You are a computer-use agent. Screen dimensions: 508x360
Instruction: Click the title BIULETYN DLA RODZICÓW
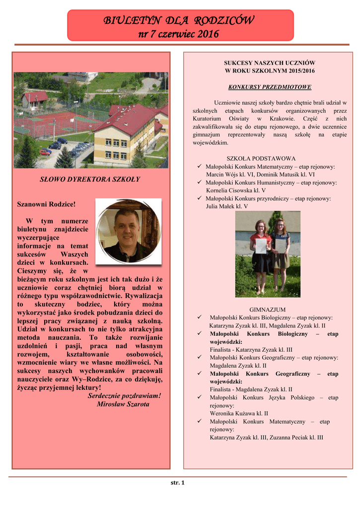tap(179, 20)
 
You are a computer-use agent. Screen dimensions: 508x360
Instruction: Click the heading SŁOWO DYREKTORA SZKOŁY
tap(90, 179)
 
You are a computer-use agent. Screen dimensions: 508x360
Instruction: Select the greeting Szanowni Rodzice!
tap(46, 204)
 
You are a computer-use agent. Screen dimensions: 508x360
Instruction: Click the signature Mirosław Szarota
tap(123, 404)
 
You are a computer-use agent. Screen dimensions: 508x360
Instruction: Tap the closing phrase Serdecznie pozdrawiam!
tap(124, 395)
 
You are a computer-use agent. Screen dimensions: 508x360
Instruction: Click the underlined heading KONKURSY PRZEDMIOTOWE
tap(270, 87)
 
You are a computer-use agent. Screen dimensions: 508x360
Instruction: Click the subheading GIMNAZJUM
tap(267, 309)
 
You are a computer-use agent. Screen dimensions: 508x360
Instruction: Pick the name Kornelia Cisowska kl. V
tap(235, 190)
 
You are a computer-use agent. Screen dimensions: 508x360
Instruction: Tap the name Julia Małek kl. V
tap(226, 206)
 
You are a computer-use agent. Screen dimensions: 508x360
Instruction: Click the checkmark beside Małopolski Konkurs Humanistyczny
tap(199, 183)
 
